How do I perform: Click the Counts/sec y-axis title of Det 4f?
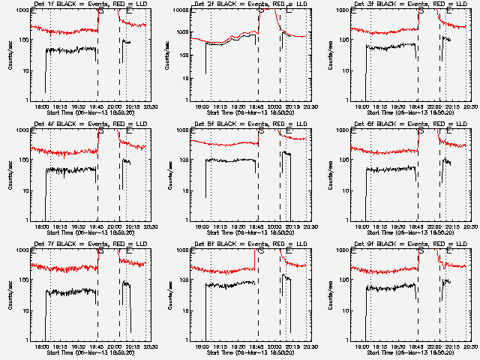pos(10,175)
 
